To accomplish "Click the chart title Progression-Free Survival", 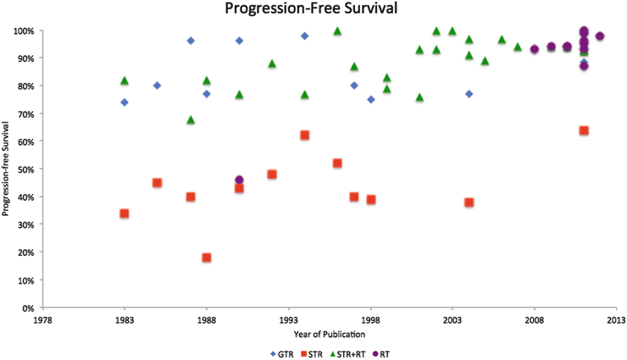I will pyautogui.click(x=313, y=10).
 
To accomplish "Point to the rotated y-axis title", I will pyautogui.click(x=8, y=169).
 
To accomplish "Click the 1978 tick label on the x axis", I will pyautogui.click(x=43, y=319).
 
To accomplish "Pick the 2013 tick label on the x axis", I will pyautogui.click(x=616, y=319).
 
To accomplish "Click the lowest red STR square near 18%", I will pyautogui.click(x=207, y=258).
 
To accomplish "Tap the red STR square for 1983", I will pyautogui.click(x=125, y=213).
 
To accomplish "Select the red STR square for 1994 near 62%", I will pyautogui.click(x=305, y=136).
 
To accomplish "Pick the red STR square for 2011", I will pyautogui.click(x=584, y=130).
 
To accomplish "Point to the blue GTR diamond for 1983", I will pyautogui.click(x=125, y=102).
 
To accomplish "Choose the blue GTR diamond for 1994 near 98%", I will pyautogui.click(x=305, y=36).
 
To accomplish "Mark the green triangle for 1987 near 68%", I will pyautogui.click(x=191, y=119).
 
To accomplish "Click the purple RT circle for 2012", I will pyautogui.click(x=600, y=36).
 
